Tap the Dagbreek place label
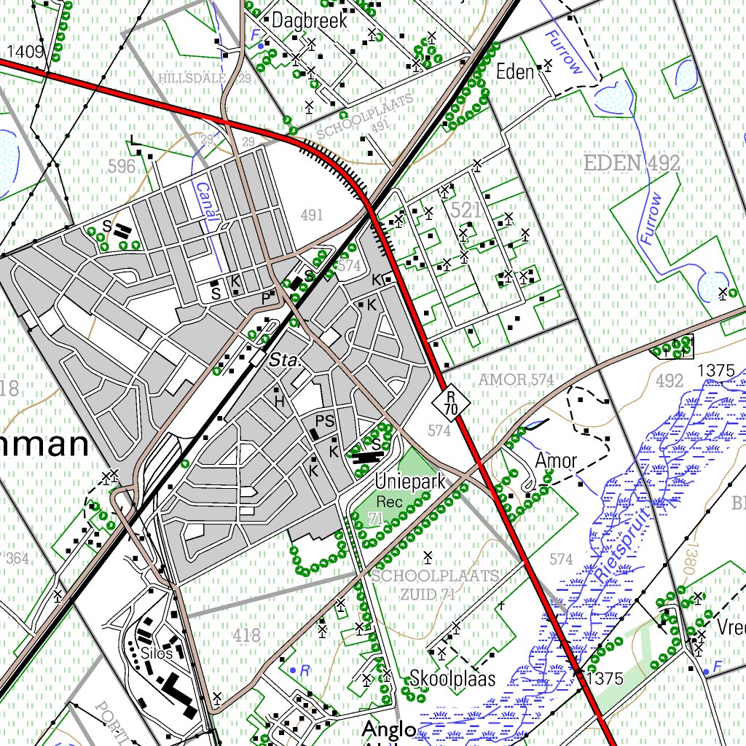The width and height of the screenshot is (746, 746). (310, 21)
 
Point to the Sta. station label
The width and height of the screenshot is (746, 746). (284, 360)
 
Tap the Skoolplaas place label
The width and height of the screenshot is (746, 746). (452, 679)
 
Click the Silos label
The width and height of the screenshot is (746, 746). (157, 653)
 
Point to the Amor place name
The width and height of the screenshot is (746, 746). (556, 461)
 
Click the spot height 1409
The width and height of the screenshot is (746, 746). (25, 51)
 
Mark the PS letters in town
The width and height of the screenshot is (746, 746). (325, 420)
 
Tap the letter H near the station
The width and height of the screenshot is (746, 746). (278, 400)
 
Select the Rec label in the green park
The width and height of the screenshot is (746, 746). (385, 502)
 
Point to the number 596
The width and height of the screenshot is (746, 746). (122, 166)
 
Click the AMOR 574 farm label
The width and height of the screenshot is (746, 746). (517, 380)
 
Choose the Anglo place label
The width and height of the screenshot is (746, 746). (389, 729)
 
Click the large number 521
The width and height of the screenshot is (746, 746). (466, 211)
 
